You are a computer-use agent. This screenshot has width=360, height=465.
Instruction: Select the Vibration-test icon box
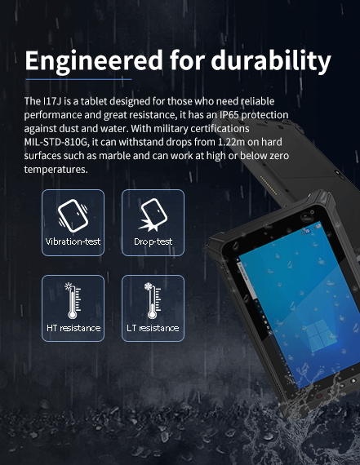coord(73,221)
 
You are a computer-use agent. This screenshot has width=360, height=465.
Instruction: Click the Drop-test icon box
coord(153,221)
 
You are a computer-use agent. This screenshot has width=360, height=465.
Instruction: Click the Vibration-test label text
coord(73,242)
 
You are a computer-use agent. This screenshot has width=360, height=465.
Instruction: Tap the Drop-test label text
coord(153,242)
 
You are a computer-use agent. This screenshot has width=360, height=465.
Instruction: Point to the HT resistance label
coord(73,328)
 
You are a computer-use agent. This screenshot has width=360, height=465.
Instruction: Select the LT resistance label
coord(153,328)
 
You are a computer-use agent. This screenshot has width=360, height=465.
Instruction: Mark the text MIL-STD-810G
coord(60,144)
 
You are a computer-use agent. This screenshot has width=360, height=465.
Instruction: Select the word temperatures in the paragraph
coord(55,170)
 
